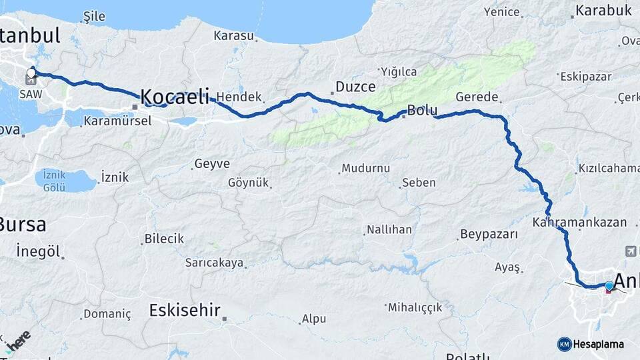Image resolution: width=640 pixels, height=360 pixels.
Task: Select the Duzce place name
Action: point(355,87)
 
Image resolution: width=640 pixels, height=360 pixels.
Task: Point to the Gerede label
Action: point(477,97)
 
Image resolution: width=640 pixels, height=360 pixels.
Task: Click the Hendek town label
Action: point(239,97)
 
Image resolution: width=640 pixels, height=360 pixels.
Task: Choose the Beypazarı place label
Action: point(489,235)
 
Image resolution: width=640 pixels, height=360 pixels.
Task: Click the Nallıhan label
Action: point(389,229)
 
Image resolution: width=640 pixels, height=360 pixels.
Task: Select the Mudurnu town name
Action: point(365,169)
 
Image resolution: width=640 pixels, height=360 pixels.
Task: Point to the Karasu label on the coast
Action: point(234,35)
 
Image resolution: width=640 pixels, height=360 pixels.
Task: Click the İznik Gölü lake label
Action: point(59,180)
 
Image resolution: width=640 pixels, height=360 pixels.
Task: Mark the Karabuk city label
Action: point(603,11)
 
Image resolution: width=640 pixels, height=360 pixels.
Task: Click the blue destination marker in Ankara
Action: point(609,286)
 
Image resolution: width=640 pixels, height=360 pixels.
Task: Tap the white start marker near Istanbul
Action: point(31,72)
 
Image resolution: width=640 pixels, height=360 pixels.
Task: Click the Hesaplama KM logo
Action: point(591,344)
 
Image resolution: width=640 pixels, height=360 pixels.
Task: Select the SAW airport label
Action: point(31,94)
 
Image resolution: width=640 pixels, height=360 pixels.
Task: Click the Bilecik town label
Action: point(164,239)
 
